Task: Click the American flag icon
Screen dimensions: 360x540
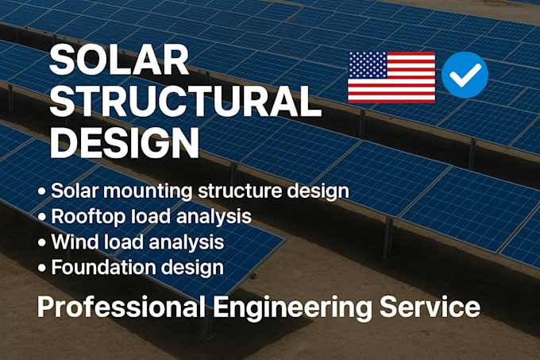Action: click(391, 77)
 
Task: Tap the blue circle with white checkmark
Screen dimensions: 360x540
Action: click(465, 75)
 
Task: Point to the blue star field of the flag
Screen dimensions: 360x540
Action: click(366, 65)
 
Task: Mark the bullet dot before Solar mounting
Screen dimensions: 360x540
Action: click(40, 192)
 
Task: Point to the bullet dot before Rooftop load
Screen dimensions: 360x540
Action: click(40, 217)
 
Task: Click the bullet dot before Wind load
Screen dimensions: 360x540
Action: click(40, 242)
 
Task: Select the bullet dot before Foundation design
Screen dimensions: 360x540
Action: click(40, 267)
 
